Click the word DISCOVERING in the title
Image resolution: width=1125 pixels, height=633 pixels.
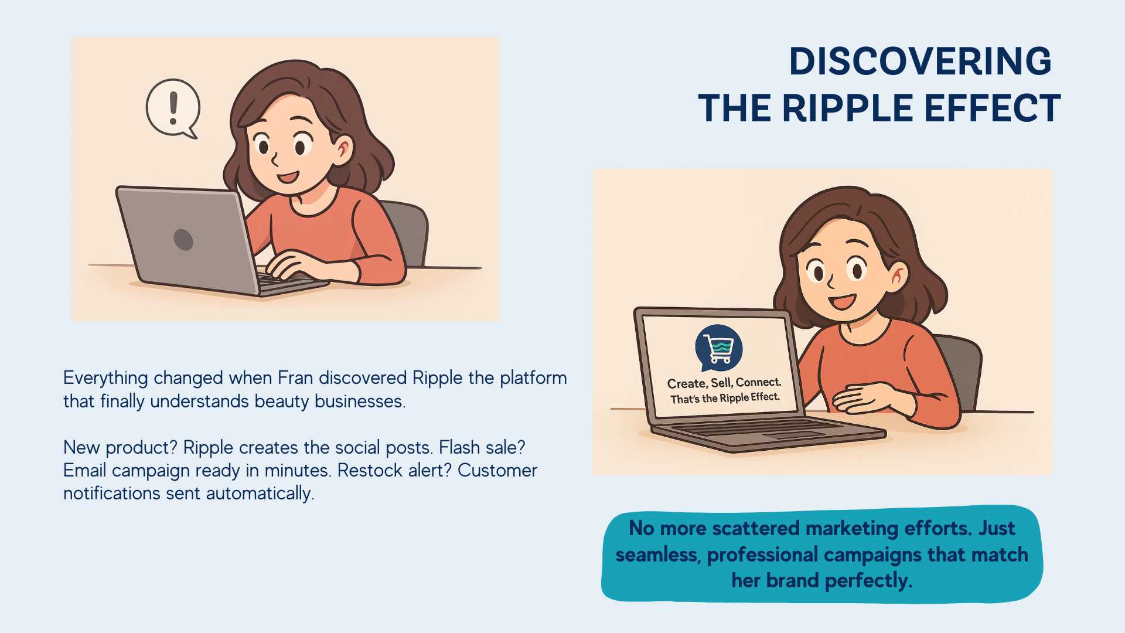(x=920, y=61)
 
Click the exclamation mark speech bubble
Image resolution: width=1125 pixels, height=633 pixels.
(x=173, y=108)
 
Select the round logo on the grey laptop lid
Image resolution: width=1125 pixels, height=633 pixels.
(x=183, y=239)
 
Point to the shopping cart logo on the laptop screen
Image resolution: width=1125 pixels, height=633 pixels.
(x=718, y=348)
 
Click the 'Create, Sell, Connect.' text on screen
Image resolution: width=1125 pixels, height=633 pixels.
(x=724, y=383)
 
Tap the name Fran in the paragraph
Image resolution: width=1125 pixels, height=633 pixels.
(x=295, y=377)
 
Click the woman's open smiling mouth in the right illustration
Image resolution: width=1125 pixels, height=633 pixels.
(x=843, y=302)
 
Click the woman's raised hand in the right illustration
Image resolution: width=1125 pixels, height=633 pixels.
(x=867, y=397)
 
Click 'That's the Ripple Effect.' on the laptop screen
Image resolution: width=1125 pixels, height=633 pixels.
(x=725, y=398)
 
